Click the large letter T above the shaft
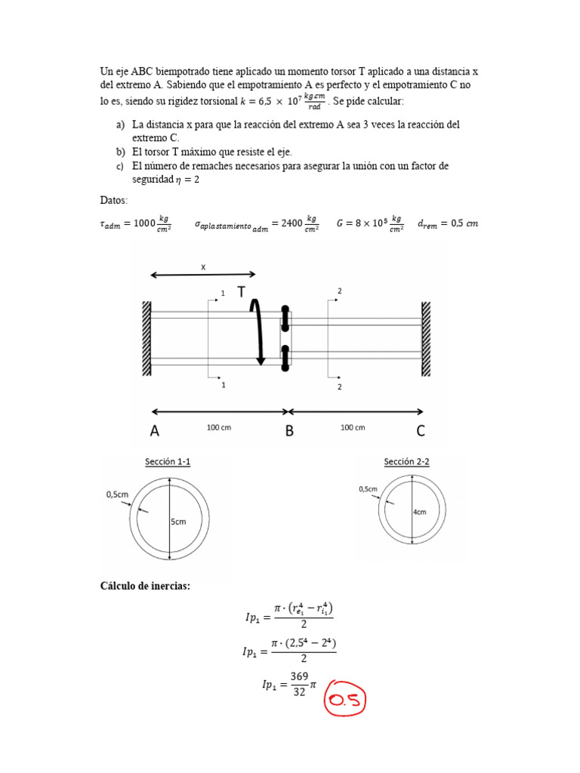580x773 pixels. tap(242, 292)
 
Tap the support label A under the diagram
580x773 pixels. tap(155, 431)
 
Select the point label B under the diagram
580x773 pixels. tap(289, 431)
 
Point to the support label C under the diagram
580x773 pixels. tap(421, 431)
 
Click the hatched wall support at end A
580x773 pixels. tap(147, 338)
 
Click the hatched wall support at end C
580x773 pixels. tap(426, 338)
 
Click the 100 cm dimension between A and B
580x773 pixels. tap(219, 427)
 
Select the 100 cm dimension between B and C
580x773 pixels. tap(352, 427)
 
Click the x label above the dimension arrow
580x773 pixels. tap(202, 267)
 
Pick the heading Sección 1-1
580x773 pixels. tap(173, 461)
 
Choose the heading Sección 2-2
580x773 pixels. tap(406, 461)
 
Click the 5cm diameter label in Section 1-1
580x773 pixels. tap(180, 522)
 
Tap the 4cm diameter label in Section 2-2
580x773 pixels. tap(419, 511)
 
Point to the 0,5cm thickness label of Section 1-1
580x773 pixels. tap(119, 494)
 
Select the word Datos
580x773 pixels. tap(114, 200)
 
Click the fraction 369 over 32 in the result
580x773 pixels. tap(299, 685)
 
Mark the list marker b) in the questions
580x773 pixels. tap(120, 152)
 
